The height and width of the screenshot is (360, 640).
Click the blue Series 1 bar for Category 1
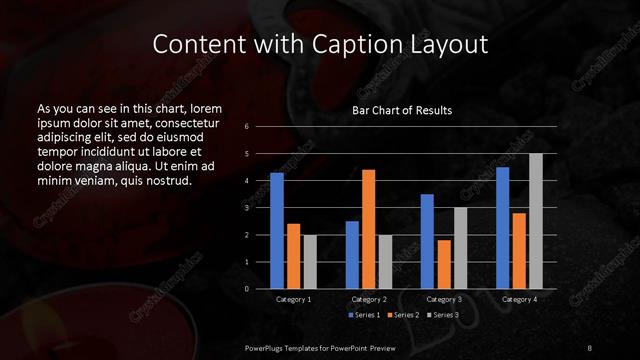click(x=277, y=231)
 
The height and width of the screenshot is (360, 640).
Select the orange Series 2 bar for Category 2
click(x=368, y=229)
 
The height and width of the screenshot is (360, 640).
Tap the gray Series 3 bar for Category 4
click(x=535, y=221)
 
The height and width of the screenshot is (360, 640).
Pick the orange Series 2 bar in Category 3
click(x=444, y=264)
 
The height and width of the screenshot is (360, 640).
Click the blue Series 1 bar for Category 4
click(x=503, y=228)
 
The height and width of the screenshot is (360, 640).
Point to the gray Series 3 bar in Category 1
click(x=309, y=262)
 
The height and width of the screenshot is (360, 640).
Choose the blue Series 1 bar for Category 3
click(x=427, y=241)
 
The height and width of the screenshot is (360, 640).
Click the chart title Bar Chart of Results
click(x=402, y=110)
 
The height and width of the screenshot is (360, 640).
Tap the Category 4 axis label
click(x=519, y=299)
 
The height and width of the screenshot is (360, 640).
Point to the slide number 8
click(x=590, y=346)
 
